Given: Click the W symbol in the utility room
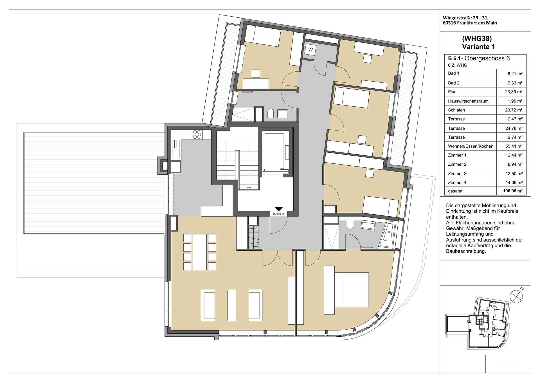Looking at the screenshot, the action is point(310,50).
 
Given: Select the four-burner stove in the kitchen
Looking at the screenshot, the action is point(197,134).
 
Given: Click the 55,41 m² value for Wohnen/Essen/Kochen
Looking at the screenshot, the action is point(514,146).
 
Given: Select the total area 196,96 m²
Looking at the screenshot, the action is point(513,191).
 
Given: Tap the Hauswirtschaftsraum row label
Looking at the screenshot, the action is point(468,101).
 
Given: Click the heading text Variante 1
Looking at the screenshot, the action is point(478,47).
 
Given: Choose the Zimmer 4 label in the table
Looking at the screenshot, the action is point(457,183).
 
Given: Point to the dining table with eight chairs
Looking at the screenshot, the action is point(200,252).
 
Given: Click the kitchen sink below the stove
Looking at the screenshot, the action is point(176,154).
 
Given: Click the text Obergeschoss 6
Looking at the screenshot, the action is point(487,58).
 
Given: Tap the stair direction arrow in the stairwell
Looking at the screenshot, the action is point(249,188).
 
